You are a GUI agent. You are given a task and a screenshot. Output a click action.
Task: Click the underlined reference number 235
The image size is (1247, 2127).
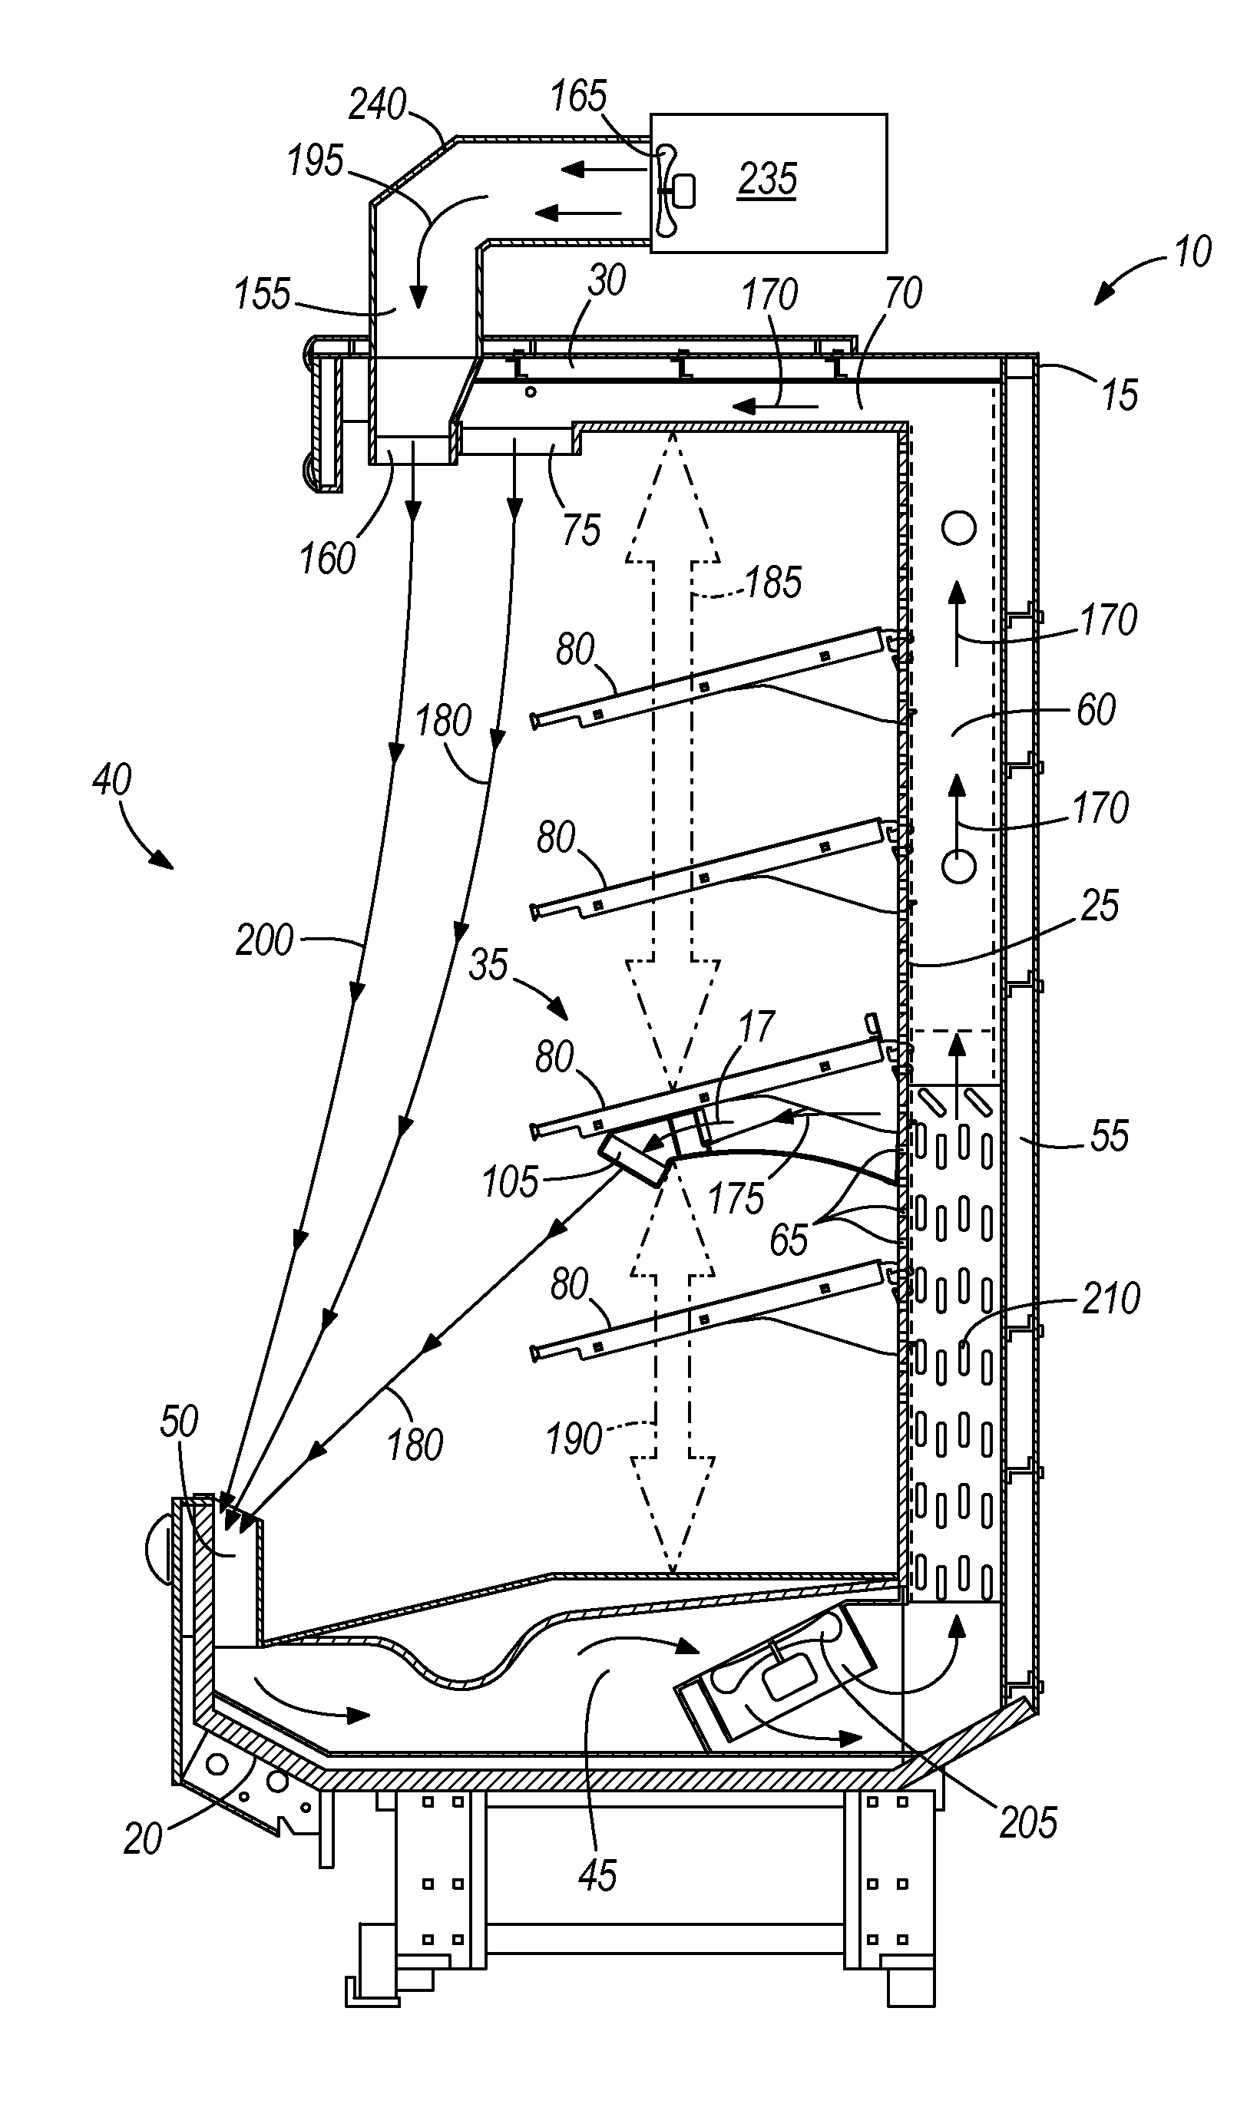(767, 179)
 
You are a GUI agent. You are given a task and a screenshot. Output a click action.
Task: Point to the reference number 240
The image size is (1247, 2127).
(377, 105)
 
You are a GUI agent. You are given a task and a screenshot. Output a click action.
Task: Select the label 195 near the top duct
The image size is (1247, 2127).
(316, 160)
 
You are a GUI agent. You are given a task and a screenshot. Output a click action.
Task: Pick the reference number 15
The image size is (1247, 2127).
(1120, 395)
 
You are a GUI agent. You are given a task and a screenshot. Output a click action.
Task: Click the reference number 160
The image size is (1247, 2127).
(328, 559)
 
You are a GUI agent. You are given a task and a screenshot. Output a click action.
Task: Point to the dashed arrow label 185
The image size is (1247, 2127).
(773, 583)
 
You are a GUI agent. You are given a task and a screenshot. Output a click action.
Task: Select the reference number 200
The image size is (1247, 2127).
(264, 940)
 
